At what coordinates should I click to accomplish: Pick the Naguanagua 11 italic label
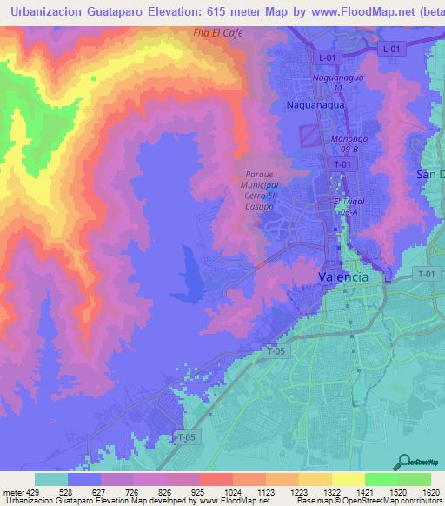pyautogui.click(x=335, y=83)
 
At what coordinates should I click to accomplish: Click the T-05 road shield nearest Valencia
pyautogui.click(x=276, y=351)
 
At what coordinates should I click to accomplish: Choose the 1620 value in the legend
pyautogui.click(x=431, y=491)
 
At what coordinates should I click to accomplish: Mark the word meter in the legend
pyautogui.click(x=12, y=491)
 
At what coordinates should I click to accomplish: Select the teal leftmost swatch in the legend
pyautogui.click(x=51, y=479)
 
